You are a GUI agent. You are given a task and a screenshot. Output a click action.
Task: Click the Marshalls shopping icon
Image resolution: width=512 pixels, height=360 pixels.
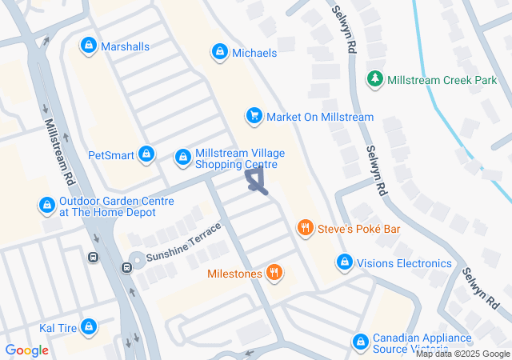tap(88, 46)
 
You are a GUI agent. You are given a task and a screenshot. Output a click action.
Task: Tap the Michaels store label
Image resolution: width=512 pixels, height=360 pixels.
tap(254, 53)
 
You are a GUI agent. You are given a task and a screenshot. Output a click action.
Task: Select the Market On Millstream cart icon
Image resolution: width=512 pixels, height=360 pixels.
tap(254, 117)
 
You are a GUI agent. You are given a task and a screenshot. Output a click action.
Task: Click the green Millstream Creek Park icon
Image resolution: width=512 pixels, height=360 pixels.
tap(374, 79)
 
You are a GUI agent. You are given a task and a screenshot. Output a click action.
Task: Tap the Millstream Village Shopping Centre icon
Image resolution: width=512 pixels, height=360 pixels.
tap(183, 156)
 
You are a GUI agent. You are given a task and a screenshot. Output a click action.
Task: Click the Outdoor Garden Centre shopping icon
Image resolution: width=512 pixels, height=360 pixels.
tap(47, 206)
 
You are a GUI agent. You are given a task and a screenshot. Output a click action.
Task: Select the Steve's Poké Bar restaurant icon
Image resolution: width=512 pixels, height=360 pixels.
tap(305, 229)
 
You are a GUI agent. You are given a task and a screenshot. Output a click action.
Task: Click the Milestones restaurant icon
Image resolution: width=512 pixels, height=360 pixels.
tap(274, 274)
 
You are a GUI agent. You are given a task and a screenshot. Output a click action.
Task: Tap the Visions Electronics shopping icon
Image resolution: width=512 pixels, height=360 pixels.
tap(345, 262)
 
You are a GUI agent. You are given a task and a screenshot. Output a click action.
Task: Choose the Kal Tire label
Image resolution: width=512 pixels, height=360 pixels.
tap(58, 328)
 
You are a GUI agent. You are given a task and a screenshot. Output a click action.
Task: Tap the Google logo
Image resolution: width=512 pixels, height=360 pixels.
tap(27, 350)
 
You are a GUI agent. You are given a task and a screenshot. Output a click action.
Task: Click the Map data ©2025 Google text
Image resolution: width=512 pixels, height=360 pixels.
tap(462, 354)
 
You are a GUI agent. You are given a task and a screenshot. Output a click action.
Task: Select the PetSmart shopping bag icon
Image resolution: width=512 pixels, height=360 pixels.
tap(146, 154)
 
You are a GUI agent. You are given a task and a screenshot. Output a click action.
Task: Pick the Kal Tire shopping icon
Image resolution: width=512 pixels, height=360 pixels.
tap(90, 327)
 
